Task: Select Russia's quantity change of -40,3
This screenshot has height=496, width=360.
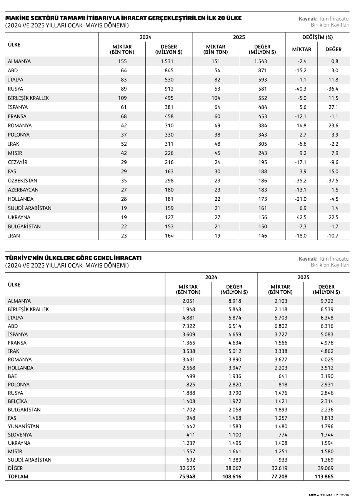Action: tap(302, 89)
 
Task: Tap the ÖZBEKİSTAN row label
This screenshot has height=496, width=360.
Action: tap(23, 181)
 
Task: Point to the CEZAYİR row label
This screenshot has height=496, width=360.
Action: tap(18, 162)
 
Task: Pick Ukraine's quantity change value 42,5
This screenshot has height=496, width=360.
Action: tap(302, 217)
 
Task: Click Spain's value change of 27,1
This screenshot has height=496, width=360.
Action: tap(333, 107)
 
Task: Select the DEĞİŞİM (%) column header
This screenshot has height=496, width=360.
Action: tap(318, 37)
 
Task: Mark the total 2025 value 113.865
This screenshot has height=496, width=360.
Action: tap(326, 476)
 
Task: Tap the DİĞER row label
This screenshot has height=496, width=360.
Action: tap(15, 468)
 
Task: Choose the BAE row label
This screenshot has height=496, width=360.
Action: tap(12, 376)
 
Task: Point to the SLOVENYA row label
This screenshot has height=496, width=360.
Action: tap(20, 435)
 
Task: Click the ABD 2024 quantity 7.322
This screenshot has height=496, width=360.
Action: tap(188, 326)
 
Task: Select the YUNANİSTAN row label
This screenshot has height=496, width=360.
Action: tap(23, 426)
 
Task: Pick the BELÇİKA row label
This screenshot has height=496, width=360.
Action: tap(18, 401)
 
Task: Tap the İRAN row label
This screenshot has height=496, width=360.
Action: tap(14, 236)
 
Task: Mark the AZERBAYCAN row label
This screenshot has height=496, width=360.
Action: tap(23, 190)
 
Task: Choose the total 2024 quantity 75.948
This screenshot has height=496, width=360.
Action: tap(188, 476)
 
